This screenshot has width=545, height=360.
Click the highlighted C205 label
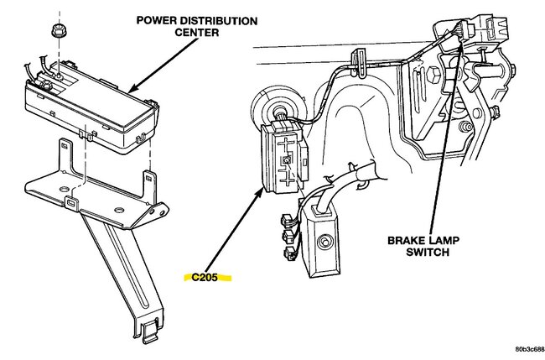tap(210, 276)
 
